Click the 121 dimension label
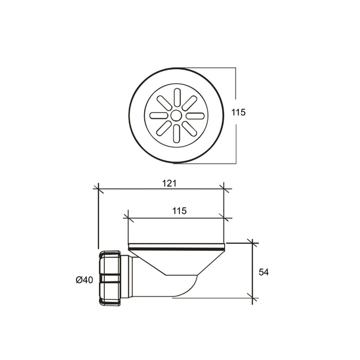click(x=169, y=184)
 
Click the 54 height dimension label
click(x=263, y=272)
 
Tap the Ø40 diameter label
click(x=84, y=280)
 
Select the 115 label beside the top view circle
click(x=238, y=112)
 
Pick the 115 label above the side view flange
click(x=179, y=211)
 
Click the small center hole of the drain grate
click(x=176, y=116)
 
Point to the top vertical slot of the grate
click(x=177, y=97)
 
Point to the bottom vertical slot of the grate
click(x=176, y=134)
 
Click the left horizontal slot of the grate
click(x=158, y=116)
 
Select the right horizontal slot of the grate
click(x=195, y=116)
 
